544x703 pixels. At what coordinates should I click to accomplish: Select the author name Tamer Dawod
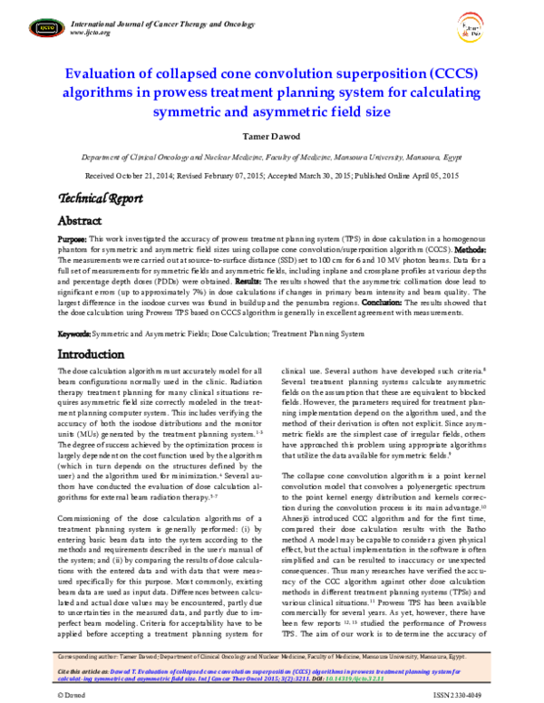[x=271, y=136]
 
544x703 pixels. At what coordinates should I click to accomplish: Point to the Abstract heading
[x=81, y=221]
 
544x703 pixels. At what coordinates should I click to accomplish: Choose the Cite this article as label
[x=87, y=667]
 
